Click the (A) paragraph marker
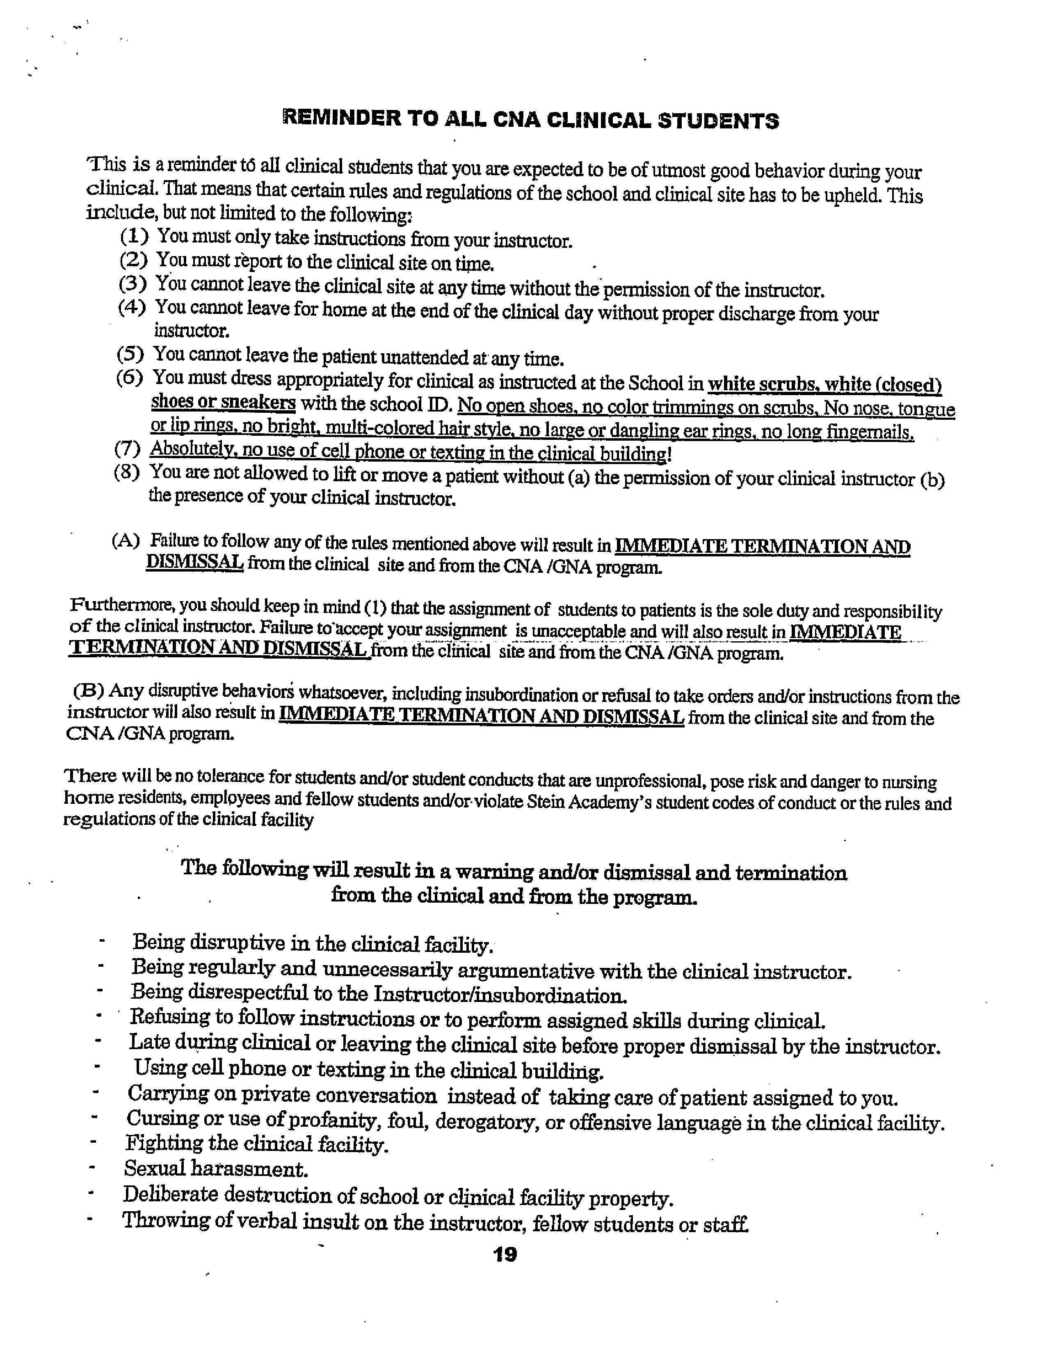tap(126, 541)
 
